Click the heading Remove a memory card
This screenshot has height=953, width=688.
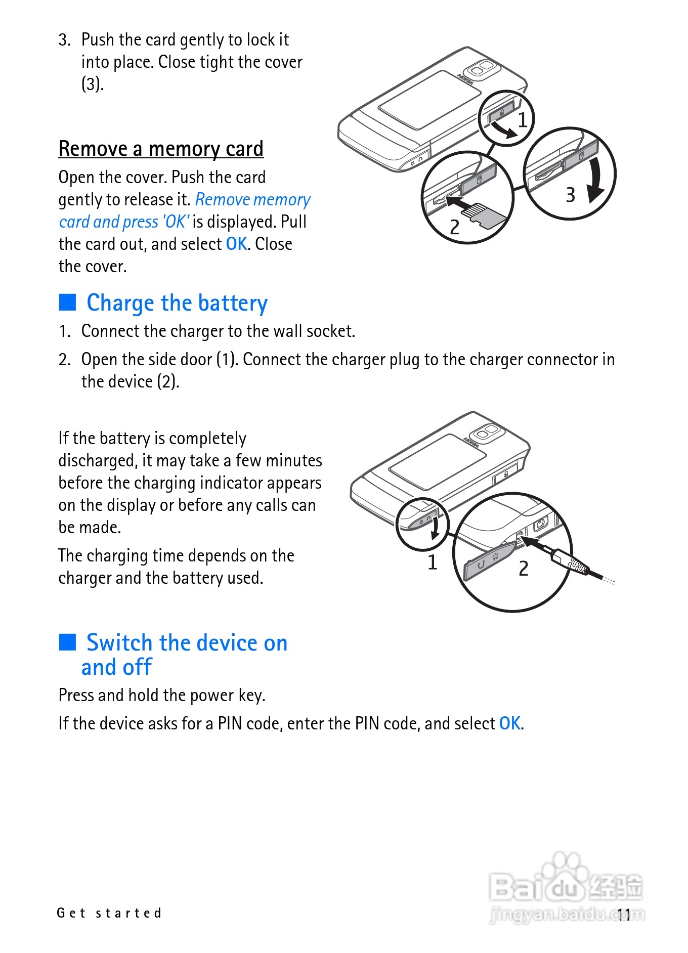(161, 149)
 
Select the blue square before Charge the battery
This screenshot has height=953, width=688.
(67, 302)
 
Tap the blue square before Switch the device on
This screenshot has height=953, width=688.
(67, 642)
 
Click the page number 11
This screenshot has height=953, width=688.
(624, 914)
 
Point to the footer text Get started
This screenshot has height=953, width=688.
(109, 913)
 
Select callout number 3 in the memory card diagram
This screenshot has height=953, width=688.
(570, 195)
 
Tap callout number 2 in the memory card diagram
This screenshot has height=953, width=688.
(454, 227)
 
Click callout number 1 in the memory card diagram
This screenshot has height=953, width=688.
(523, 120)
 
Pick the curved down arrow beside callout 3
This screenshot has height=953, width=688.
(597, 180)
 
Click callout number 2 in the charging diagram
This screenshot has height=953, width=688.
(524, 569)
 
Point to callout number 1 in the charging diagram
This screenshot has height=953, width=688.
(432, 562)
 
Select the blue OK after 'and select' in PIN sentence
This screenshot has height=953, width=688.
(510, 723)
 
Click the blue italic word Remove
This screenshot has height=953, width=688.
(222, 199)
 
